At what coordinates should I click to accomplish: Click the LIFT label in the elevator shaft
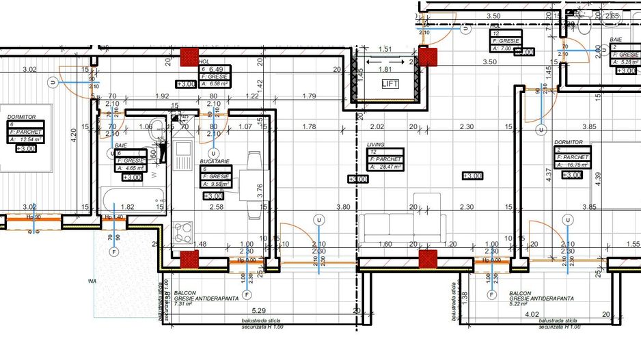click(x=390, y=84)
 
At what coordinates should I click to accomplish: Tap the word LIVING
click(x=376, y=145)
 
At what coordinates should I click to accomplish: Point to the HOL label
click(x=203, y=61)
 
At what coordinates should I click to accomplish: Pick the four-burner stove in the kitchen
click(x=183, y=235)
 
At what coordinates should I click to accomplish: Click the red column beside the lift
click(x=428, y=57)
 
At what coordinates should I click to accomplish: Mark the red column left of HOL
click(x=188, y=57)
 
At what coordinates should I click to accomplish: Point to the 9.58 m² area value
click(x=219, y=184)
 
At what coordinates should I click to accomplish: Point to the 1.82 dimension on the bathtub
click(x=127, y=207)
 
